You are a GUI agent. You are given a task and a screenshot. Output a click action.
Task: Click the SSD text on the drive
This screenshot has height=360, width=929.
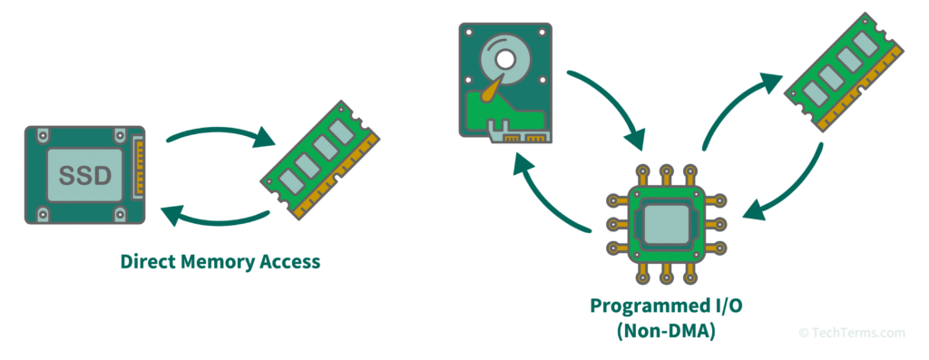point(84,175)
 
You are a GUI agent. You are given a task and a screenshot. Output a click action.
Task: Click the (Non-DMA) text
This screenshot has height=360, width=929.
point(665,331)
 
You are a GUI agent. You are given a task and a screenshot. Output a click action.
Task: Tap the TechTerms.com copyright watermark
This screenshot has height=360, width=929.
point(852,333)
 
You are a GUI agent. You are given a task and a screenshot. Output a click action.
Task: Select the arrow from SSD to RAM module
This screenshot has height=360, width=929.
point(221,134)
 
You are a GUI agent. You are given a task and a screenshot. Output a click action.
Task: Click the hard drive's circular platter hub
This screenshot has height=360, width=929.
point(504,59)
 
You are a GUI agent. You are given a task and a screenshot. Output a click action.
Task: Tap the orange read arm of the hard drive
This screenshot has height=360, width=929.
point(493,90)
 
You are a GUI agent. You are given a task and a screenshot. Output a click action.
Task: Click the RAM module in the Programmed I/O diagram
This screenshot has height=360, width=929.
point(844,71)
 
